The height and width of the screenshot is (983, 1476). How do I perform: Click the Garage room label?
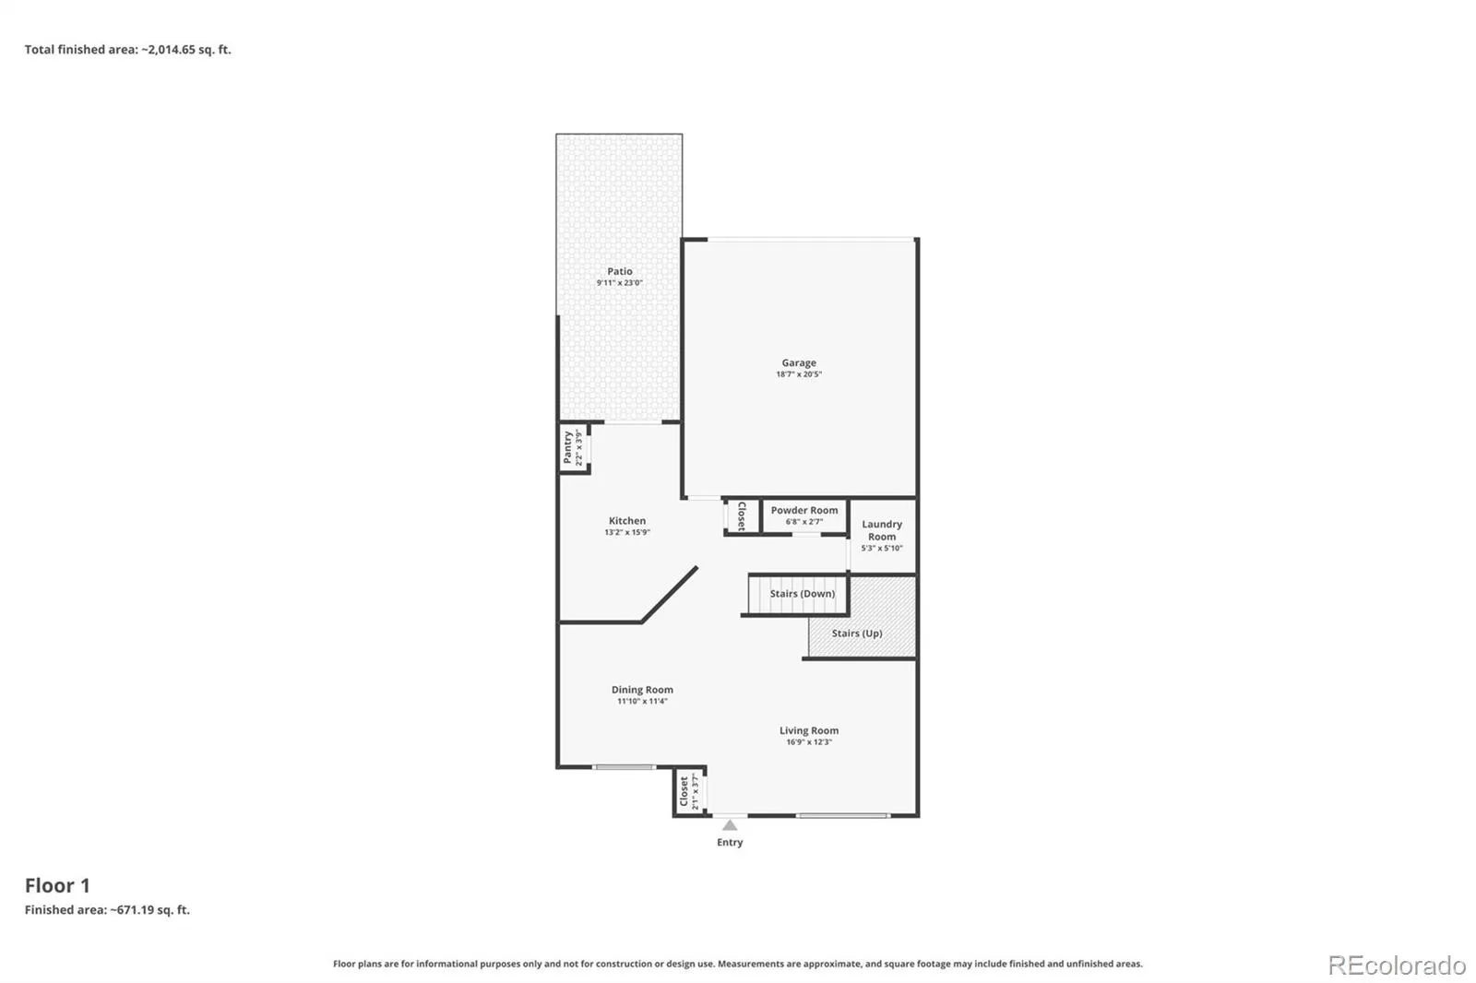[799, 362]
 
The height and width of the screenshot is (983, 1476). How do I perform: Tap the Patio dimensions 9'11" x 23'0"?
[619, 283]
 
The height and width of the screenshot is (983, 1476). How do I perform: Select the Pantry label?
[567, 448]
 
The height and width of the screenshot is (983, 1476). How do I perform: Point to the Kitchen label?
[627, 520]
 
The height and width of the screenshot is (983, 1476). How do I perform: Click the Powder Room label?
[804, 510]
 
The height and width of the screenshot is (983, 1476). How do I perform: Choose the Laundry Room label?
[882, 530]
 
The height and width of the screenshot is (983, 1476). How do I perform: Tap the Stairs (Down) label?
[803, 594]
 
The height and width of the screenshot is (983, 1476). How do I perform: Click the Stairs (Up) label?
[857, 634]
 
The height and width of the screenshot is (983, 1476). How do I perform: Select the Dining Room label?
[642, 690]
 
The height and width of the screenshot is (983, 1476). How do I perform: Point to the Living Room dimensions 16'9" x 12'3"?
[809, 742]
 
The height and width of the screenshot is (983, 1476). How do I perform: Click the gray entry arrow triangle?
[730, 825]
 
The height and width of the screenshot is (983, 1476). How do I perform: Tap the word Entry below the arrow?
[730, 842]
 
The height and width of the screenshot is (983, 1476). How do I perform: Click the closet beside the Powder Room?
[742, 516]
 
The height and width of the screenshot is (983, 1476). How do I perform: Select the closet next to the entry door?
[689, 791]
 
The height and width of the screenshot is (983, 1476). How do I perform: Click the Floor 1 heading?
[57, 885]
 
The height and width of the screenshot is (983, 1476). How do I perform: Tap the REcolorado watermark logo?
[1397, 965]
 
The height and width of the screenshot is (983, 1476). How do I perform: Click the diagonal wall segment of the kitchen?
[670, 594]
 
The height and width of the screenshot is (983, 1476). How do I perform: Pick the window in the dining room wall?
[624, 767]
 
